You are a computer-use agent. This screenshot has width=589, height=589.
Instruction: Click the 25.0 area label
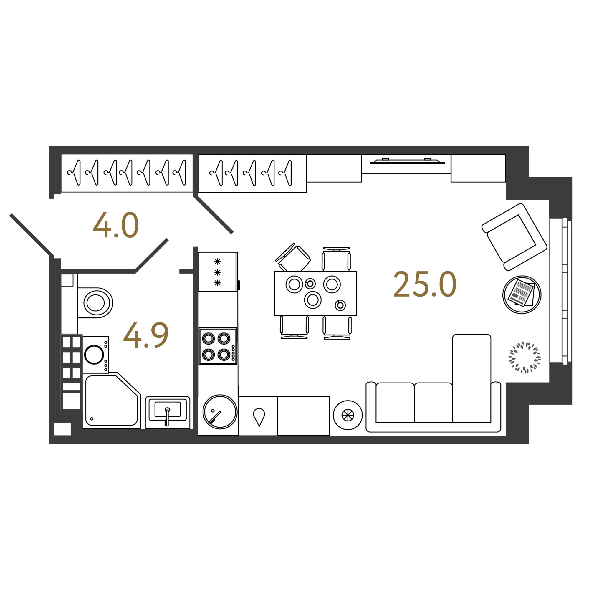click(x=425, y=284)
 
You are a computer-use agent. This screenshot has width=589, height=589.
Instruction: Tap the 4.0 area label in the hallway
click(x=115, y=225)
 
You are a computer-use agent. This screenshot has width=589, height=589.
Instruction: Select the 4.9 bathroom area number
click(x=146, y=335)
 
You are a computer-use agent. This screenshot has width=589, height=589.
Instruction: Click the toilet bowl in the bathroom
click(x=95, y=303)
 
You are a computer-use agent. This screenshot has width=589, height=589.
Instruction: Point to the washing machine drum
click(x=94, y=355)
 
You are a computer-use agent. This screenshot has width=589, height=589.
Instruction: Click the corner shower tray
click(x=112, y=400)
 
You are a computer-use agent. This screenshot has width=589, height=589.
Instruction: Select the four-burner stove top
click(x=218, y=346)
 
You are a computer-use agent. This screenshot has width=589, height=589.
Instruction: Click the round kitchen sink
click(x=220, y=412)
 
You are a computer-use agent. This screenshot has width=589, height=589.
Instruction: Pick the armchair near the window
click(x=514, y=237)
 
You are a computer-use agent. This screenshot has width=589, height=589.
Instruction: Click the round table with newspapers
click(x=522, y=295)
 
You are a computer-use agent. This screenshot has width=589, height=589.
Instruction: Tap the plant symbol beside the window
click(x=525, y=357)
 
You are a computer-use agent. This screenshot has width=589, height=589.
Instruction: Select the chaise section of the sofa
click(x=471, y=378)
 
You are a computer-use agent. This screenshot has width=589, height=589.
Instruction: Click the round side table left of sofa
click(x=348, y=415)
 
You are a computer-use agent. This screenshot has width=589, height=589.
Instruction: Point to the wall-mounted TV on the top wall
click(x=407, y=161)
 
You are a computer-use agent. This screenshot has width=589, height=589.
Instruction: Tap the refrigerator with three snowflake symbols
click(x=218, y=272)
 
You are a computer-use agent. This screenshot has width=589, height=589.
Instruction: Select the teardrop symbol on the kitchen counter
click(x=259, y=417)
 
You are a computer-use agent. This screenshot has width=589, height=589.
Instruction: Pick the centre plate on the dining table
click(x=313, y=300)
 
